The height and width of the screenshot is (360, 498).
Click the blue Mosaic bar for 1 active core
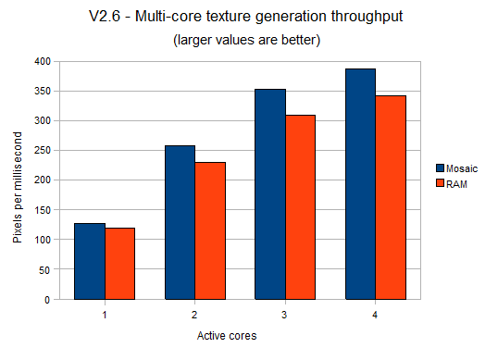[90, 261]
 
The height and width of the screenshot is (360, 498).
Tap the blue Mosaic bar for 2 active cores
[180, 222]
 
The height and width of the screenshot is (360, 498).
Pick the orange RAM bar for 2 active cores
[210, 230]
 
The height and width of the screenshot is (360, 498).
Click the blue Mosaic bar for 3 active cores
[270, 194]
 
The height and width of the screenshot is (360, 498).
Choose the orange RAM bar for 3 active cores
[301, 207]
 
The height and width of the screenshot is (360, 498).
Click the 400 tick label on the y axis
[41, 61]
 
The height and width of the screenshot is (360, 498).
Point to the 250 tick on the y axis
[41, 151]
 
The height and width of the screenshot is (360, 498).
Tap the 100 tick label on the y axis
[41, 240]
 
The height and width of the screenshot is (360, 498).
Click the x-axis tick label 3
[285, 315]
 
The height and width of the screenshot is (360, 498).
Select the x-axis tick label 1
[105, 315]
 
